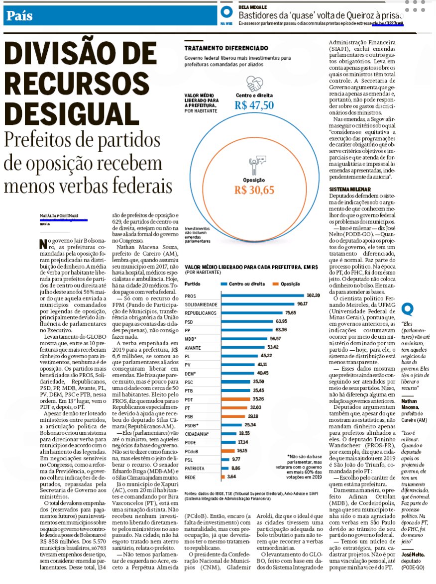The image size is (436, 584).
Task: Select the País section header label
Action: click(x=20, y=15)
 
